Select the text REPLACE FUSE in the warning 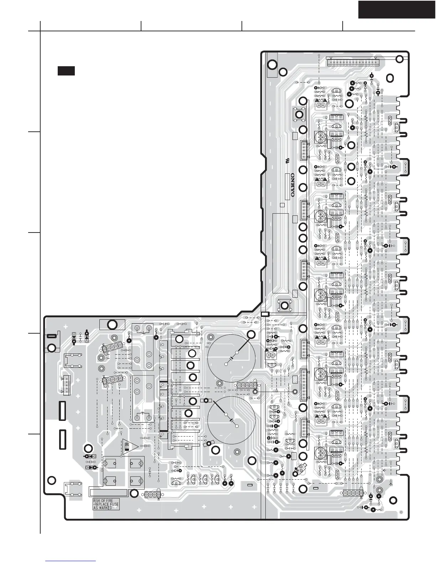106,504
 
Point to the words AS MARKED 103,508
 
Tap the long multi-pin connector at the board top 353,63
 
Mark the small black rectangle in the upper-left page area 66,70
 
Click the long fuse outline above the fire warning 108,493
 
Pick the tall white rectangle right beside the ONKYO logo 287,187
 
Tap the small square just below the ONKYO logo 282,205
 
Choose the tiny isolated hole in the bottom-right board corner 401,512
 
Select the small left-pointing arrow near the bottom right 384,470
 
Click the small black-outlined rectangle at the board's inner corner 265,314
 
